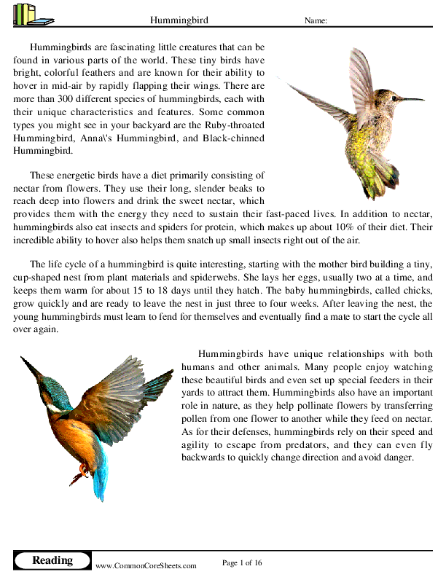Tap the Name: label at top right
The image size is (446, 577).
tap(316, 20)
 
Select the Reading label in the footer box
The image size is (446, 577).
tap(52, 560)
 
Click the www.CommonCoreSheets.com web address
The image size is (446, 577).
tap(146, 565)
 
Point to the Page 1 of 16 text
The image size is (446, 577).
tap(241, 562)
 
